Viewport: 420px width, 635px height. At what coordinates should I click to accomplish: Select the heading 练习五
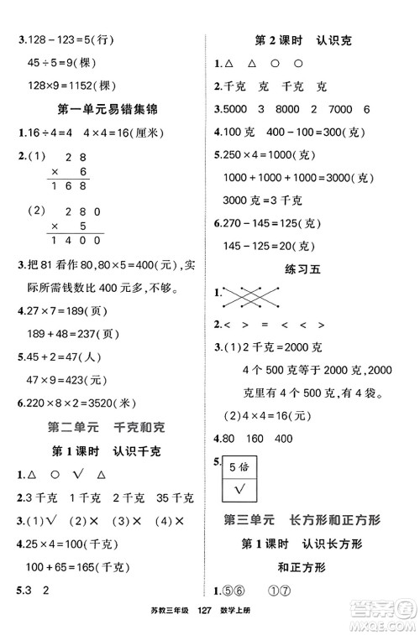[311, 269]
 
